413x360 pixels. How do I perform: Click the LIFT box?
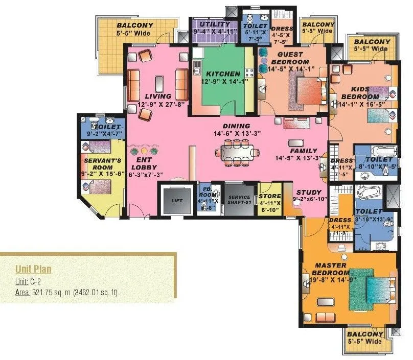tap(176, 200)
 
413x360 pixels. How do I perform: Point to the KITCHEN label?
tap(222, 74)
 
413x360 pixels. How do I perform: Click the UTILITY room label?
tap(214, 25)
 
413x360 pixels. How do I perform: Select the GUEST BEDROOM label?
tap(290, 58)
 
